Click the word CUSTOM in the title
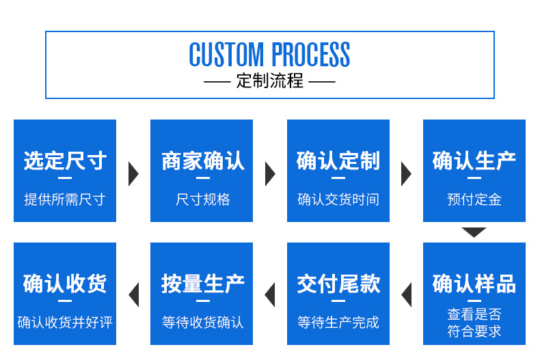pyautogui.click(x=226, y=55)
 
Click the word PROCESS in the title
pyautogui.click(x=310, y=55)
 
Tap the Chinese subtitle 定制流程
pyautogui.click(x=269, y=81)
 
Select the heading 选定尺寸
pyautogui.click(x=65, y=161)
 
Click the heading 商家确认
pyautogui.click(x=203, y=161)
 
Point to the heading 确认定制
pyautogui.click(x=338, y=161)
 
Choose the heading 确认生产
pyautogui.click(x=474, y=161)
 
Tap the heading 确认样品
pyautogui.click(x=474, y=283)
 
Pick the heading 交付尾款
pyautogui.click(x=338, y=283)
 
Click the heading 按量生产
pyautogui.click(x=203, y=283)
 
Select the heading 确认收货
pyautogui.click(x=65, y=283)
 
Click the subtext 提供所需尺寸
pyautogui.click(x=65, y=199)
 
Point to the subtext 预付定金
pyautogui.click(x=474, y=199)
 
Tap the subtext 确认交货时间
pyautogui.click(x=338, y=199)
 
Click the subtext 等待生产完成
pyautogui.click(x=338, y=322)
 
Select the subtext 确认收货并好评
pyautogui.click(x=65, y=322)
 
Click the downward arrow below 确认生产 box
pyautogui.click(x=474, y=232)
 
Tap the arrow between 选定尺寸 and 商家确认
pyautogui.click(x=133, y=174)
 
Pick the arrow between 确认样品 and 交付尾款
pyautogui.click(x=407, y=295)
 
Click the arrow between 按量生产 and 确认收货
pyautogui.click(x=133, y=295)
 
